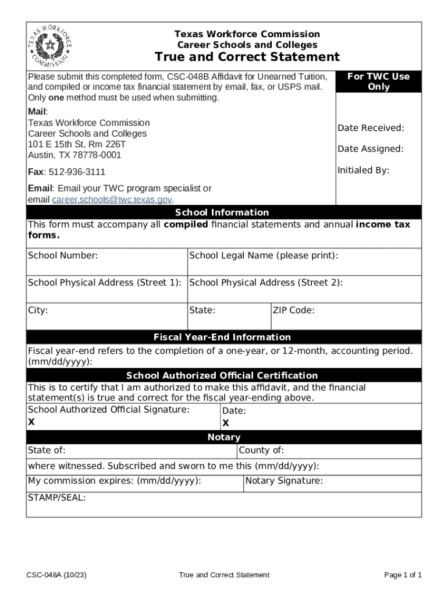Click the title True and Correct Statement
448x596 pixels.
pos(247,57)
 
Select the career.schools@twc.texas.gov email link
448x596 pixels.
pos(112,200)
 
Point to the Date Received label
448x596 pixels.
pos(371,128)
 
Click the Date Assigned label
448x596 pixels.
pos(370,149)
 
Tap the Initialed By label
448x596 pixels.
pos(363,171)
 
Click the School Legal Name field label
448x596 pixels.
pos(264,256)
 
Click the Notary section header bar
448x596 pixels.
pos(223,437)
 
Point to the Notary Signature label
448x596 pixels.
pos(284,481)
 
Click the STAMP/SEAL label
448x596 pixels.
pos(56,498)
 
